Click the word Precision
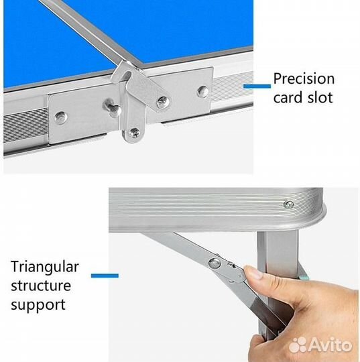pyautogui.click(x=304, y=79)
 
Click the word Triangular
pyautogui.click(x=45, y=267)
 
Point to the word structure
pyautogui.click(x=41, y=286)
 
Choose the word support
pyautogui.click(x=38, y=306)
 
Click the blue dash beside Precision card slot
pyautogui.click(x=257, y=86)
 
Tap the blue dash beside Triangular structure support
pyautogui.click(x=105, y=276)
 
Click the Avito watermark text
pyautogui.click(x=331, y=345)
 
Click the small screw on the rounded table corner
pyautogui.click(x=289, y=204)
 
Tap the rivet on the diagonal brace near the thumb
pyautogui.click(x=215, y=263)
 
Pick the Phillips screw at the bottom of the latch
pyautogui.click(x=134, y=133)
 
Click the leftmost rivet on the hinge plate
pyautogui.click(x=61, y=117)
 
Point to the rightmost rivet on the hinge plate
pyautogui.click(x=203, y=92)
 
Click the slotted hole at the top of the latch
pyautogui.click(x=127, y=76)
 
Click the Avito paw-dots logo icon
pyautogui.click(x=298, y=345)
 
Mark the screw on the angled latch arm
pyautogui.click(x=163, y=102)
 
